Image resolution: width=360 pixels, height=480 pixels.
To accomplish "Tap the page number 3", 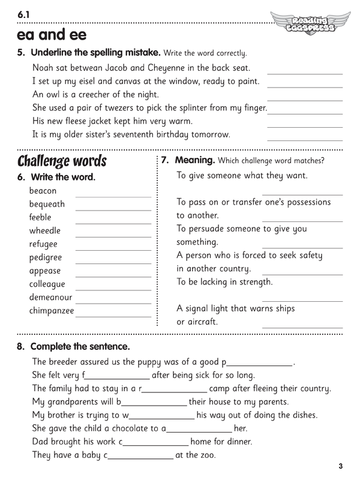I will [x=340, y=466].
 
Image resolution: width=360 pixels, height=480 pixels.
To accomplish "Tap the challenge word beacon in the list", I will [x=43, y=191].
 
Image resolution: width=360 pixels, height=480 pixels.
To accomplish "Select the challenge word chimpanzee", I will [x=52, y=311].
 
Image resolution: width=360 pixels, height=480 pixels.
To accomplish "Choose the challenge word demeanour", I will [x=50, y=297].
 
